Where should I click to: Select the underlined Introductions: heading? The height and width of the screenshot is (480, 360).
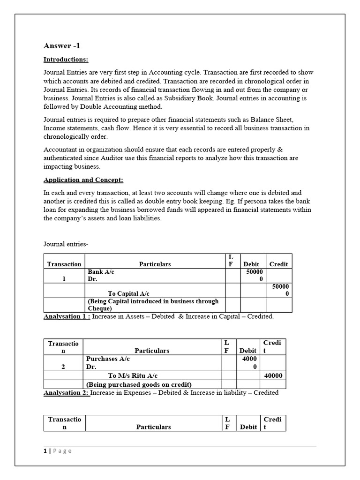(66, 60)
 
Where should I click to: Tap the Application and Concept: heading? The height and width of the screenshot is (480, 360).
(83, 180)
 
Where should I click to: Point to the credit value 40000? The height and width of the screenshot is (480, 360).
(273, 375)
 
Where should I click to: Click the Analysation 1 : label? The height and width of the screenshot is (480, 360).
(67, 316)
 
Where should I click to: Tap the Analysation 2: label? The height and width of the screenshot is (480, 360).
(66, 392)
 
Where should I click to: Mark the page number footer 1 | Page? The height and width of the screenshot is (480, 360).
(58, 450)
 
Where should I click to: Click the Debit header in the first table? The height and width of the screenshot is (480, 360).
(251, 264)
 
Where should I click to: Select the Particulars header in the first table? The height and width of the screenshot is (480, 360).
(155, 264)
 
